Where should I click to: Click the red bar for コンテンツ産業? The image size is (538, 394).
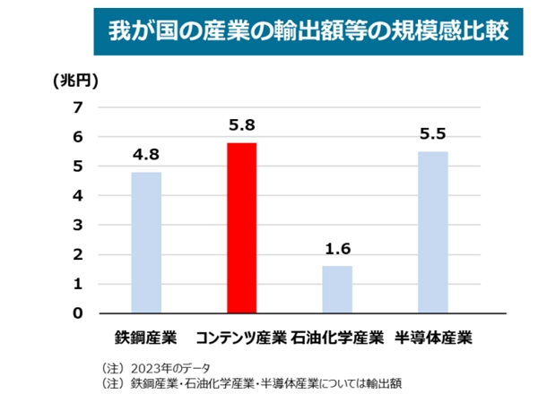point(242,227)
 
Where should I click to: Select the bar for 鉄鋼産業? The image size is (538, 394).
point(146,242)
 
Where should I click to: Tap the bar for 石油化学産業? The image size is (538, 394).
point(337,289)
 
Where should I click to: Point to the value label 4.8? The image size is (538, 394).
point(146,156)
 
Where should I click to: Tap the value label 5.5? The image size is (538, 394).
point(433,135)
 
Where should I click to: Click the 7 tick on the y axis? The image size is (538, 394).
point(77,108)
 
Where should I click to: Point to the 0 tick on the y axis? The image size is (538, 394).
point(77,313)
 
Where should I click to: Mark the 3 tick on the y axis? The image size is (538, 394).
point(77,226)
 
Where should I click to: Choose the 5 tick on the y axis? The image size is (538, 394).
point(77,167)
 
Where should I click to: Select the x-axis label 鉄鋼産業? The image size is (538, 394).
point(146,338)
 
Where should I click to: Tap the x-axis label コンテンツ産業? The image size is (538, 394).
point(241,338)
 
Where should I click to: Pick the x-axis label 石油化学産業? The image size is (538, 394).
point(337,338)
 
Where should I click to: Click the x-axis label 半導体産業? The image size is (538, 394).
point(433,338)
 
